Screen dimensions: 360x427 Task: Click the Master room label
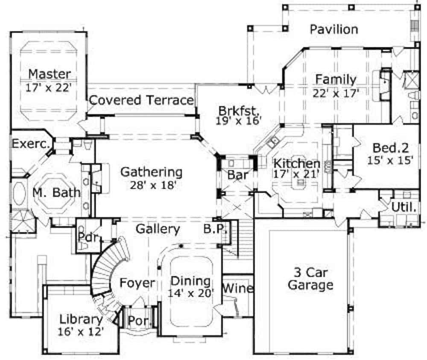coord(50,74)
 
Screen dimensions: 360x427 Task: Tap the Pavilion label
coord(334,29)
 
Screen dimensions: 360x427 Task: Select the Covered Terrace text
coord(141,100)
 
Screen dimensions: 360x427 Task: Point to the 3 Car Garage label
coord(310,278)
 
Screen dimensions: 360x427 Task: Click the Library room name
coord(81,319)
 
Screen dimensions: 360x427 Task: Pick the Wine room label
coord(238,289)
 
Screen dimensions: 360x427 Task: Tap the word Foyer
coord(137,283)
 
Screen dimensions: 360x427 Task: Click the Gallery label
coord(158,229)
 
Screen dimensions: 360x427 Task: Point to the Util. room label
coord(404,208)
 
